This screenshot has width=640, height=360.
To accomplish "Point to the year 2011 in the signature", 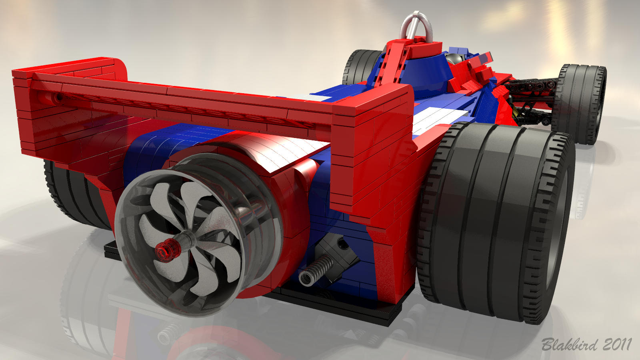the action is click(617, 344).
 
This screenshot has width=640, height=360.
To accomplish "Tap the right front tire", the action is click(580, 104).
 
